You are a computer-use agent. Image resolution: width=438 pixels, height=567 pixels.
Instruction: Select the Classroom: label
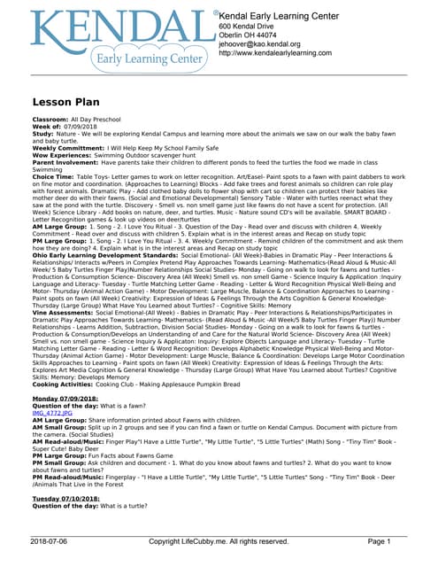click(50, 119)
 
